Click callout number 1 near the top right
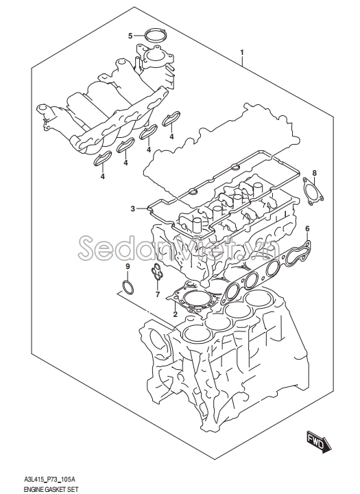tap(242, 53)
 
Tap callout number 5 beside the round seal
tap(130, 36)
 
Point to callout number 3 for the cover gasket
tap(133, 209)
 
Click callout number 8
tap(314, 173)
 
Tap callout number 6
tap(307, 229)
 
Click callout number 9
tap(128, 266)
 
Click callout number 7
tap(158, 295)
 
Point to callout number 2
tap(175, 314)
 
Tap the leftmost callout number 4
tap(103, 176)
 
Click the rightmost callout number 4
tap(171, 137)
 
